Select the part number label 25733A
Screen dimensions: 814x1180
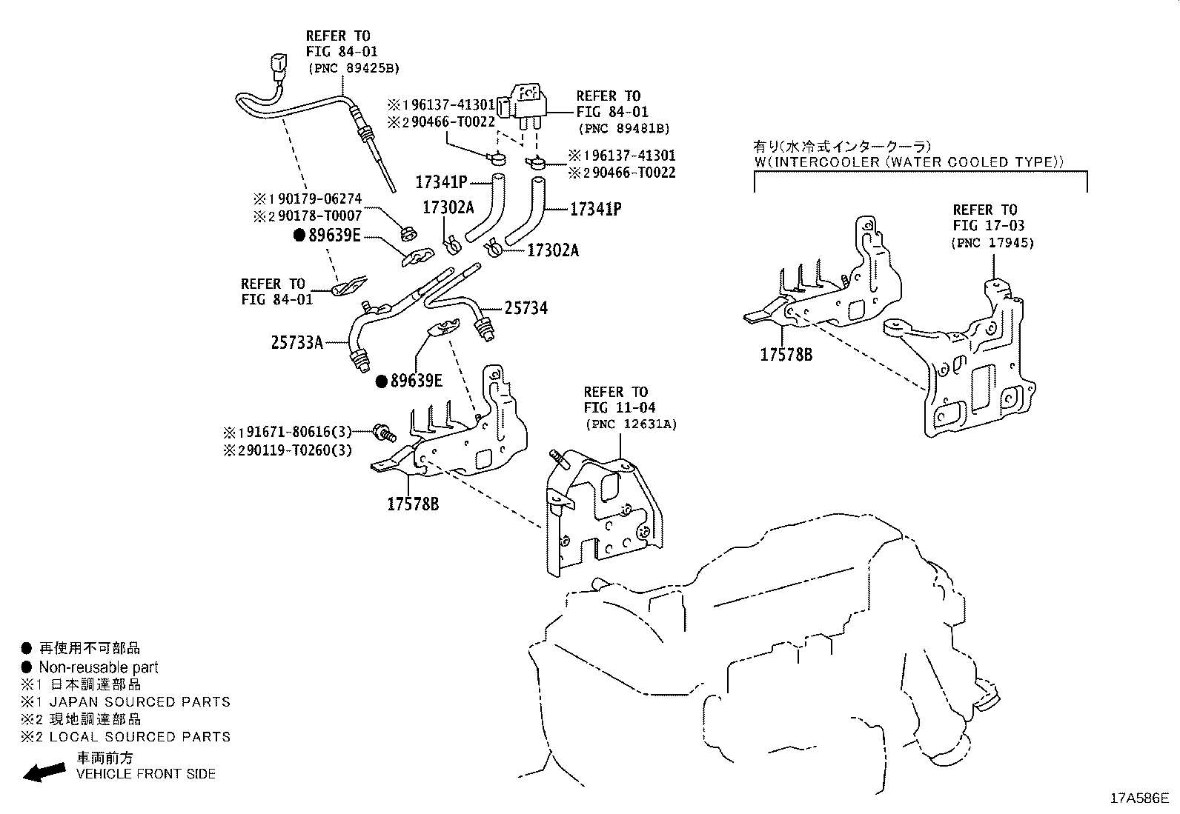coord(296,343)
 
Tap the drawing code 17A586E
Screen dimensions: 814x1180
coord(1138,798)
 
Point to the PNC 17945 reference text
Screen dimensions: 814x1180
coord(992,242)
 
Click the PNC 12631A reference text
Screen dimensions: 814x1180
coord(631,424)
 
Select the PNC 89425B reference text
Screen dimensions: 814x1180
coord(353,68)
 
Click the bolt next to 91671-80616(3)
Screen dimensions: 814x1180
coord(383,431)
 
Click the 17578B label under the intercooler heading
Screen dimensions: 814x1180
coord(786,355)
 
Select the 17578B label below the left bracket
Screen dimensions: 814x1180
coord(413,504)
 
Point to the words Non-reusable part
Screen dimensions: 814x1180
coord(99,667)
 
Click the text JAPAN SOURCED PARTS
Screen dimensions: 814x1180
coord(134,701)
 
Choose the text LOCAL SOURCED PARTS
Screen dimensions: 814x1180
coord(134,737)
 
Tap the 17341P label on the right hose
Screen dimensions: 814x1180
coord(595,210)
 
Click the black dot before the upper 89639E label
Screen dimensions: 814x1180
coord(299,236)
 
